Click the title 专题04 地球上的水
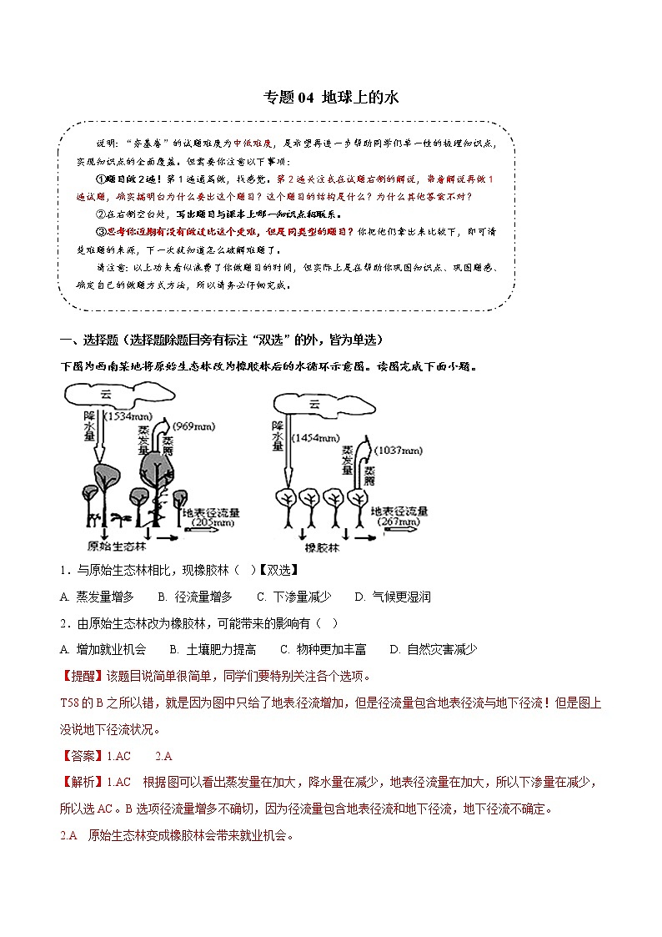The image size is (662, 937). point(331,97)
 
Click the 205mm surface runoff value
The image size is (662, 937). point(211,521)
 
